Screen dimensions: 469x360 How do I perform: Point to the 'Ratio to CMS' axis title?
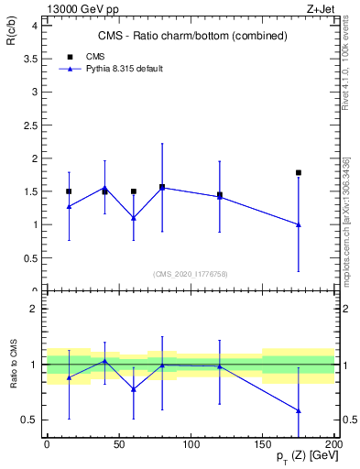click(13, 364)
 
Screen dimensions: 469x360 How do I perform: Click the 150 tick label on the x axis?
click(263, 444)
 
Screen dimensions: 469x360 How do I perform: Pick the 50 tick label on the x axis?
click(119, 444)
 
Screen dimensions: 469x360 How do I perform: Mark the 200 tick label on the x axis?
click(333, 444)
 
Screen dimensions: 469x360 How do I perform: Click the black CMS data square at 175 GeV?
click(299, 172)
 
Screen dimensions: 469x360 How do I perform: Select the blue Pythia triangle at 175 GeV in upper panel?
click(299, 224)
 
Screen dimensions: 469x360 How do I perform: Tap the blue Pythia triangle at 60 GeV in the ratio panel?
click(134, 389)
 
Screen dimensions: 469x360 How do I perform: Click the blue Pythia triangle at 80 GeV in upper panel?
click(162, 187)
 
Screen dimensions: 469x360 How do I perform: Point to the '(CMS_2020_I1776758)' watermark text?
click(191, 273)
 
